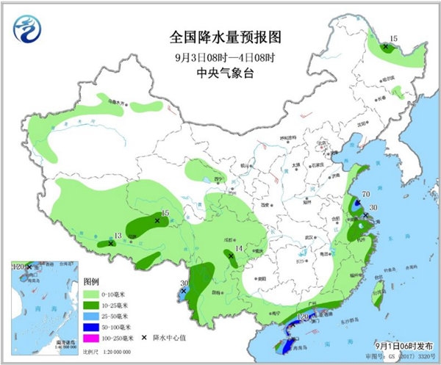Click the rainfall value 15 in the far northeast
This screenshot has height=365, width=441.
point(393,38)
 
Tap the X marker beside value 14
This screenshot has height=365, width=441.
point(231,256)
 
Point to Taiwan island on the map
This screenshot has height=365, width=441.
point(381,297)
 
